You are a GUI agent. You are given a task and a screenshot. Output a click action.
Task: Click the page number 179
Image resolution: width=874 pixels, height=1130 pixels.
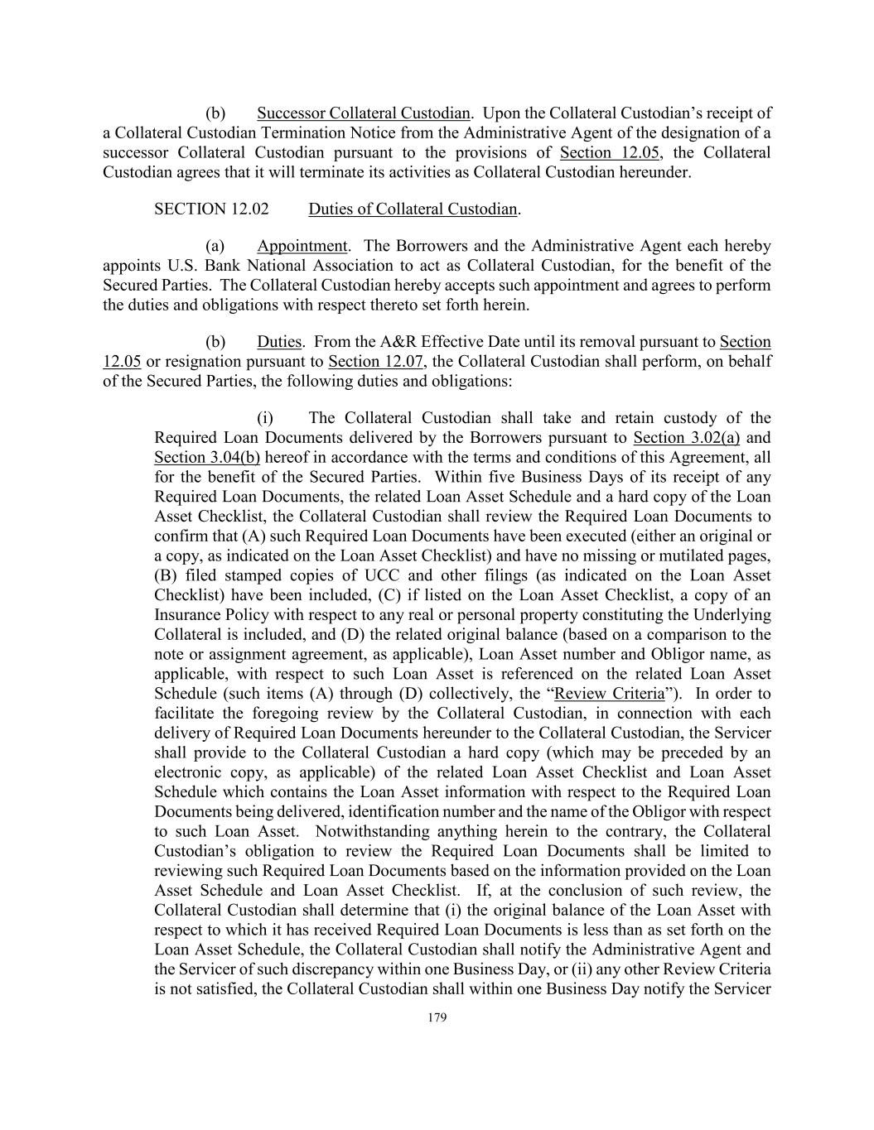[437, 1018]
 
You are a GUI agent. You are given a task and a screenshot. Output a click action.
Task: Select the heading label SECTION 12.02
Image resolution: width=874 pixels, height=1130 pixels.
[211, 209]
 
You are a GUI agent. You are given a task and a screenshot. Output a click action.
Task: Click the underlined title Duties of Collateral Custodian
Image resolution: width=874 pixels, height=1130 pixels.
[413, 209]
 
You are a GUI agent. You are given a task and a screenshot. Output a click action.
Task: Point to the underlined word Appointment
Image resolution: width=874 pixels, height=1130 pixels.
[302, 246]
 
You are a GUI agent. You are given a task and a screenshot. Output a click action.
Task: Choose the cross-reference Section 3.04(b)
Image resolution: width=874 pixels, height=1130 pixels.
[206, 458]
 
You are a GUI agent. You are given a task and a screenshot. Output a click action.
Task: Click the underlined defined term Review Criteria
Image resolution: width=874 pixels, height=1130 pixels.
[609, 694]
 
